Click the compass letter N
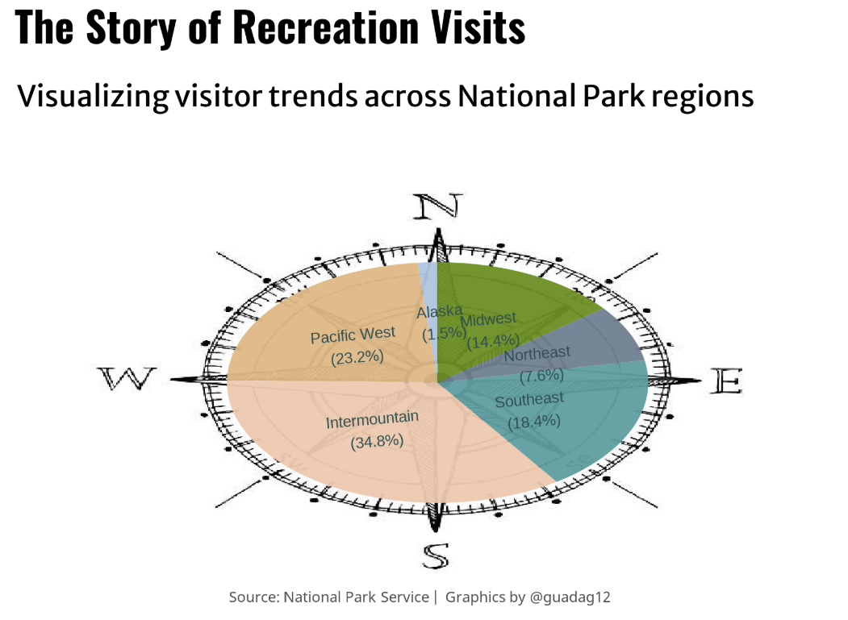point(437,206)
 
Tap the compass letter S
point(436,556)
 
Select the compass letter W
point(127,378)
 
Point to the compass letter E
point(726,381)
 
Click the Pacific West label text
point(353,335)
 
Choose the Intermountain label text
point(372,420)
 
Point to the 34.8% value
point(377,442)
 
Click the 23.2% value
point(357,357)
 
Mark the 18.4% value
point(534,422)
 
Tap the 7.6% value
point(541,375)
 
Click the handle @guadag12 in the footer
point(570,597)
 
